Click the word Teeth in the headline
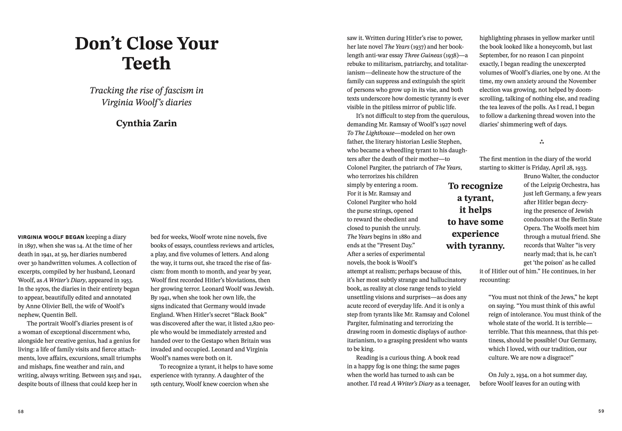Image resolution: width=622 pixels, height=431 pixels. (146, 63)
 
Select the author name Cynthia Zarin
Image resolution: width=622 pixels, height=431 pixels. (146, 123)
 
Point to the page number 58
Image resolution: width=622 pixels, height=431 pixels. (21, 411)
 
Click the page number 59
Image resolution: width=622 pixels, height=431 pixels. (601, 411)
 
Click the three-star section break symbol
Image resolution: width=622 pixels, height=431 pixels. (542, 142)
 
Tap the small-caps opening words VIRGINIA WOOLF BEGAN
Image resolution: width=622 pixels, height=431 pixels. (51, 237)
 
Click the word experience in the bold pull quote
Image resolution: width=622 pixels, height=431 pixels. (475, 234)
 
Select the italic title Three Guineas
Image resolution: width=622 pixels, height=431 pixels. (423, 55)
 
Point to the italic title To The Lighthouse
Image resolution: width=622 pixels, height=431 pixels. (371, 133)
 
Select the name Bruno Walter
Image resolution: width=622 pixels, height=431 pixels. (541, 176)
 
